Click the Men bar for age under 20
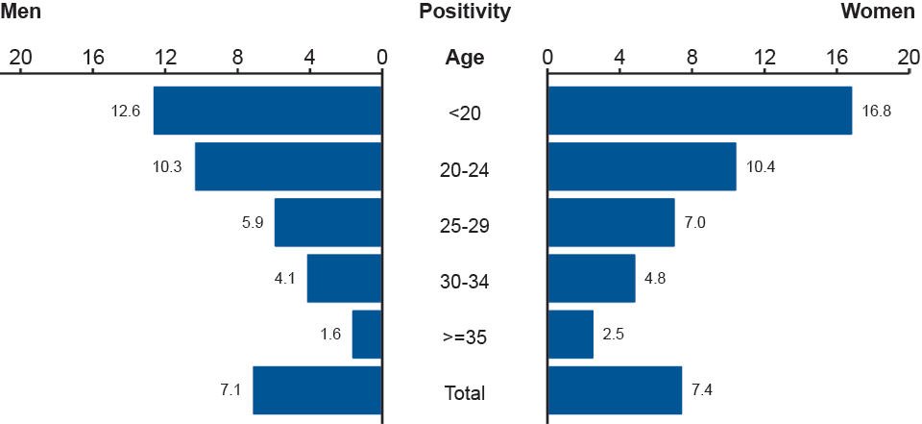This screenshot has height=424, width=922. (268, 111)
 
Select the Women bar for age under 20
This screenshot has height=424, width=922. (699, 111)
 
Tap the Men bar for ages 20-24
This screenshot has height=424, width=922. (288, 166)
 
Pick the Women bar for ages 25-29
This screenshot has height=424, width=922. (611, 222)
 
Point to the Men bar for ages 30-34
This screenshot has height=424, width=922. (345, 278)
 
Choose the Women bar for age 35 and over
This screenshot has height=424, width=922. (570, 334)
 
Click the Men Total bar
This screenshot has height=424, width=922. (318, 389)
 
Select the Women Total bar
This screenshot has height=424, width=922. (615, 389)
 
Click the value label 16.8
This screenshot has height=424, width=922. (877, 111)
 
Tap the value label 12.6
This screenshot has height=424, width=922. (126, 111)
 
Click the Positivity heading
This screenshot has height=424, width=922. (465, 12)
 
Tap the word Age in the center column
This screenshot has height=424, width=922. (465, 58)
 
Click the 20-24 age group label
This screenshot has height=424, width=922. (465, 170)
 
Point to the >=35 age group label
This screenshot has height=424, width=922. (465, 337)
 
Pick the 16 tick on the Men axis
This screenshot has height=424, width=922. (93, 58)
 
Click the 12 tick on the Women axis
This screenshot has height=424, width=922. (764, 58)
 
